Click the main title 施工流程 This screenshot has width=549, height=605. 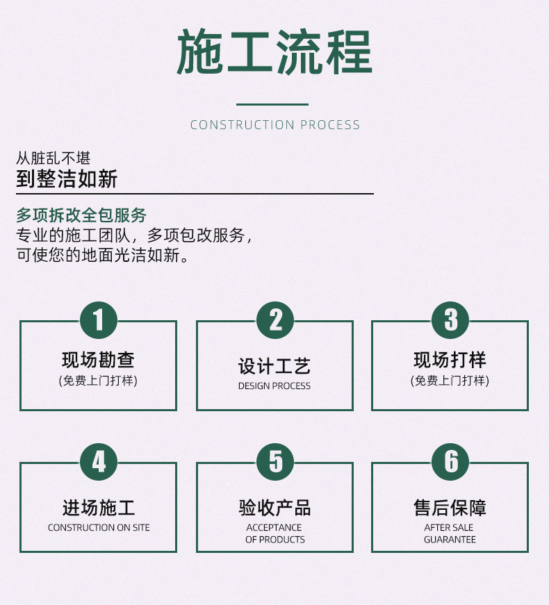click(274, 53)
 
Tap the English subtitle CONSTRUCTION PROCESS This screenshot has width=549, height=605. click(275, 125)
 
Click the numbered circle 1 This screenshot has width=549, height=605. click(99, 320)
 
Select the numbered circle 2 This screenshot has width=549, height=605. click(275, 320)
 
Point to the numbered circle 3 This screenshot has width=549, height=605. click(450, 320)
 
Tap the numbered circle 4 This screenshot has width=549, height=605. click(99, 462)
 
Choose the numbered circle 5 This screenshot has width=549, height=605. click(275, 462)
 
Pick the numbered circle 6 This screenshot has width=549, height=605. click(450, 462)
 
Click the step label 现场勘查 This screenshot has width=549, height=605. click(98, 360)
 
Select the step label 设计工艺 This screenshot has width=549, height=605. click(274, 366)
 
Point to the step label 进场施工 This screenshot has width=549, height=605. click(98, 508)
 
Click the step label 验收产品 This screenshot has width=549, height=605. click(274, 508)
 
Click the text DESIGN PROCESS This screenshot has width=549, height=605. click(274, 386)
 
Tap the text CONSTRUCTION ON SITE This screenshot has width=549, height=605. click(99, 528)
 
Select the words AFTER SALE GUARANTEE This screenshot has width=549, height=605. click(450, 533)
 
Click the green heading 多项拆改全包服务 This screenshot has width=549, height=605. click(81, 215)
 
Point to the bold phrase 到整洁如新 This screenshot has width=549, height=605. click(67, 179)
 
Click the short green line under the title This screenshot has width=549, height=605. click(272, 105)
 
